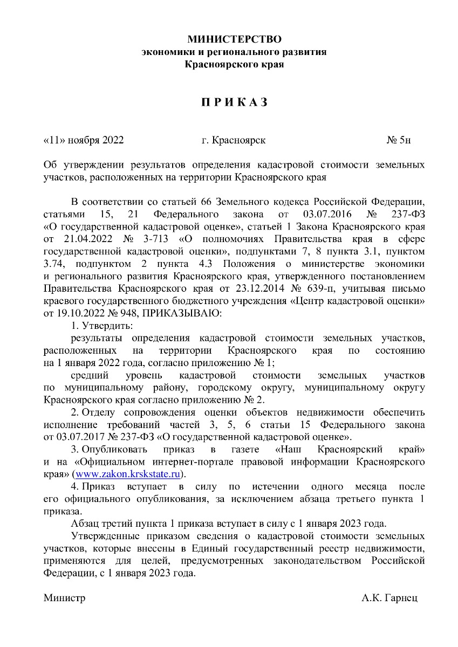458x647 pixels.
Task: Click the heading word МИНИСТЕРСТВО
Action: pyautogui.click(x=234, y=39)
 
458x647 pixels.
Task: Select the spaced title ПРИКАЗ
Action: pyautogui.click(x=234, y=102)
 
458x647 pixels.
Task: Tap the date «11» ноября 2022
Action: pyautogui.click(x=84, y=141)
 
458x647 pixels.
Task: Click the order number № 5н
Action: pyautogui.click(x=399, y=141)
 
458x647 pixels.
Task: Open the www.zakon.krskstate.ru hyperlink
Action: pyautogui.click(x=128, y=474)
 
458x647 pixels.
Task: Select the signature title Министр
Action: pyautogui.click(x=65, y=598)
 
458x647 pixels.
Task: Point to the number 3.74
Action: pyautogui.click(x=53, y=264)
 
